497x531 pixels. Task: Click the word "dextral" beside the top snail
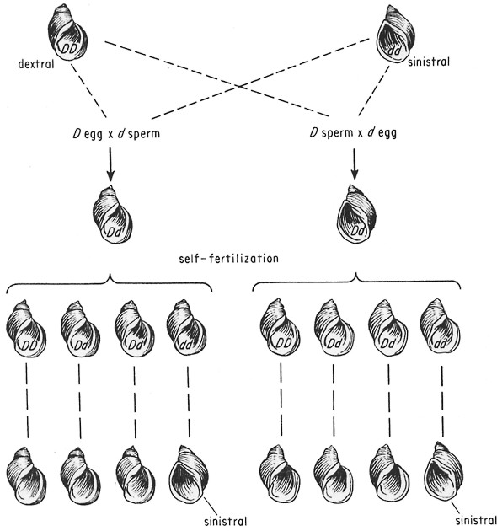click(x=36, y=64)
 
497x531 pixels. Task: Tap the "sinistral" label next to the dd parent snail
click(x=429, y=62)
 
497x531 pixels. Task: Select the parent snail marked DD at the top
click(x=67, y=33)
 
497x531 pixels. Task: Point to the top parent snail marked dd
click(x=396, y=34)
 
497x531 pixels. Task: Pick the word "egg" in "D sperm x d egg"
click(x=387, y=133)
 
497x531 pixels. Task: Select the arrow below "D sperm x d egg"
click(x=355, y=164)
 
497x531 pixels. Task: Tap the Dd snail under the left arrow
click(x=112, y=215)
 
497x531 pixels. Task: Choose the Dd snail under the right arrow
click(x=356, y=214)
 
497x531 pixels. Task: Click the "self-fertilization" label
click(x=229, y=259)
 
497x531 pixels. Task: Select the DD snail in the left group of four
click(x=26, y=329)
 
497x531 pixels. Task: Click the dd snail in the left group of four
click(x=186, y=328)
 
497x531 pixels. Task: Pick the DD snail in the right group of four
click(x=280, y=327)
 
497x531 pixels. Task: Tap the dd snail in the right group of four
click(x=440, y=327)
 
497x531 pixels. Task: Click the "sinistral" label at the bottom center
click(x=226, y=521)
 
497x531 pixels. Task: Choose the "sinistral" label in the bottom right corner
click(x=476, y=520)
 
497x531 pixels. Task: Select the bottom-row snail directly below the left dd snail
click(x=189, y=475)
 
